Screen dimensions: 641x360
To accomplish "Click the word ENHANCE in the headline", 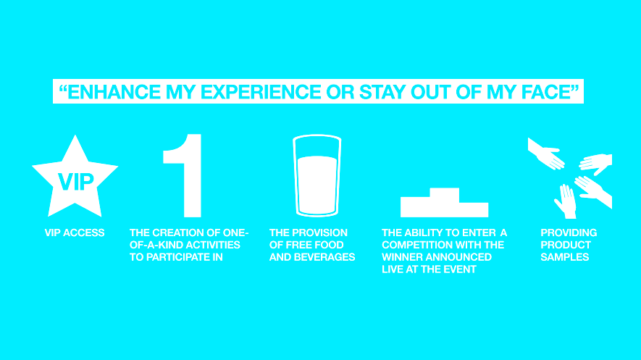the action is tap(114, 91).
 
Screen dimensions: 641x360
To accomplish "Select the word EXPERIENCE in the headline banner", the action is tap(261, 91).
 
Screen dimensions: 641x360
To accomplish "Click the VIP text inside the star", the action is tap(75, 182).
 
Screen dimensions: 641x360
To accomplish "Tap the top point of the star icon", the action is tap(75, 135).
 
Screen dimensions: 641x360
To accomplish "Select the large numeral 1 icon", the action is tap(183, 176).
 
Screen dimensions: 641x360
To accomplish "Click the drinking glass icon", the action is tap(317, 176).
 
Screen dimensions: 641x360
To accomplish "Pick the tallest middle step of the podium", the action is tap(445, 196).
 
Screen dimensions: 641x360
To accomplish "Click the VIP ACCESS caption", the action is tap(75, 233).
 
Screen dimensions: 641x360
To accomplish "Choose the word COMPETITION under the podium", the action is tap(412, 245).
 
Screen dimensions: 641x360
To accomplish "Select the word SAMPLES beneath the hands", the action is tap(564, 257).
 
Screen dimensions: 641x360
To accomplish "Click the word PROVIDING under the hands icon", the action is tap(569, 233).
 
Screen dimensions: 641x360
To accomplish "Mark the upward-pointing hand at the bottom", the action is tap(566, 202).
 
